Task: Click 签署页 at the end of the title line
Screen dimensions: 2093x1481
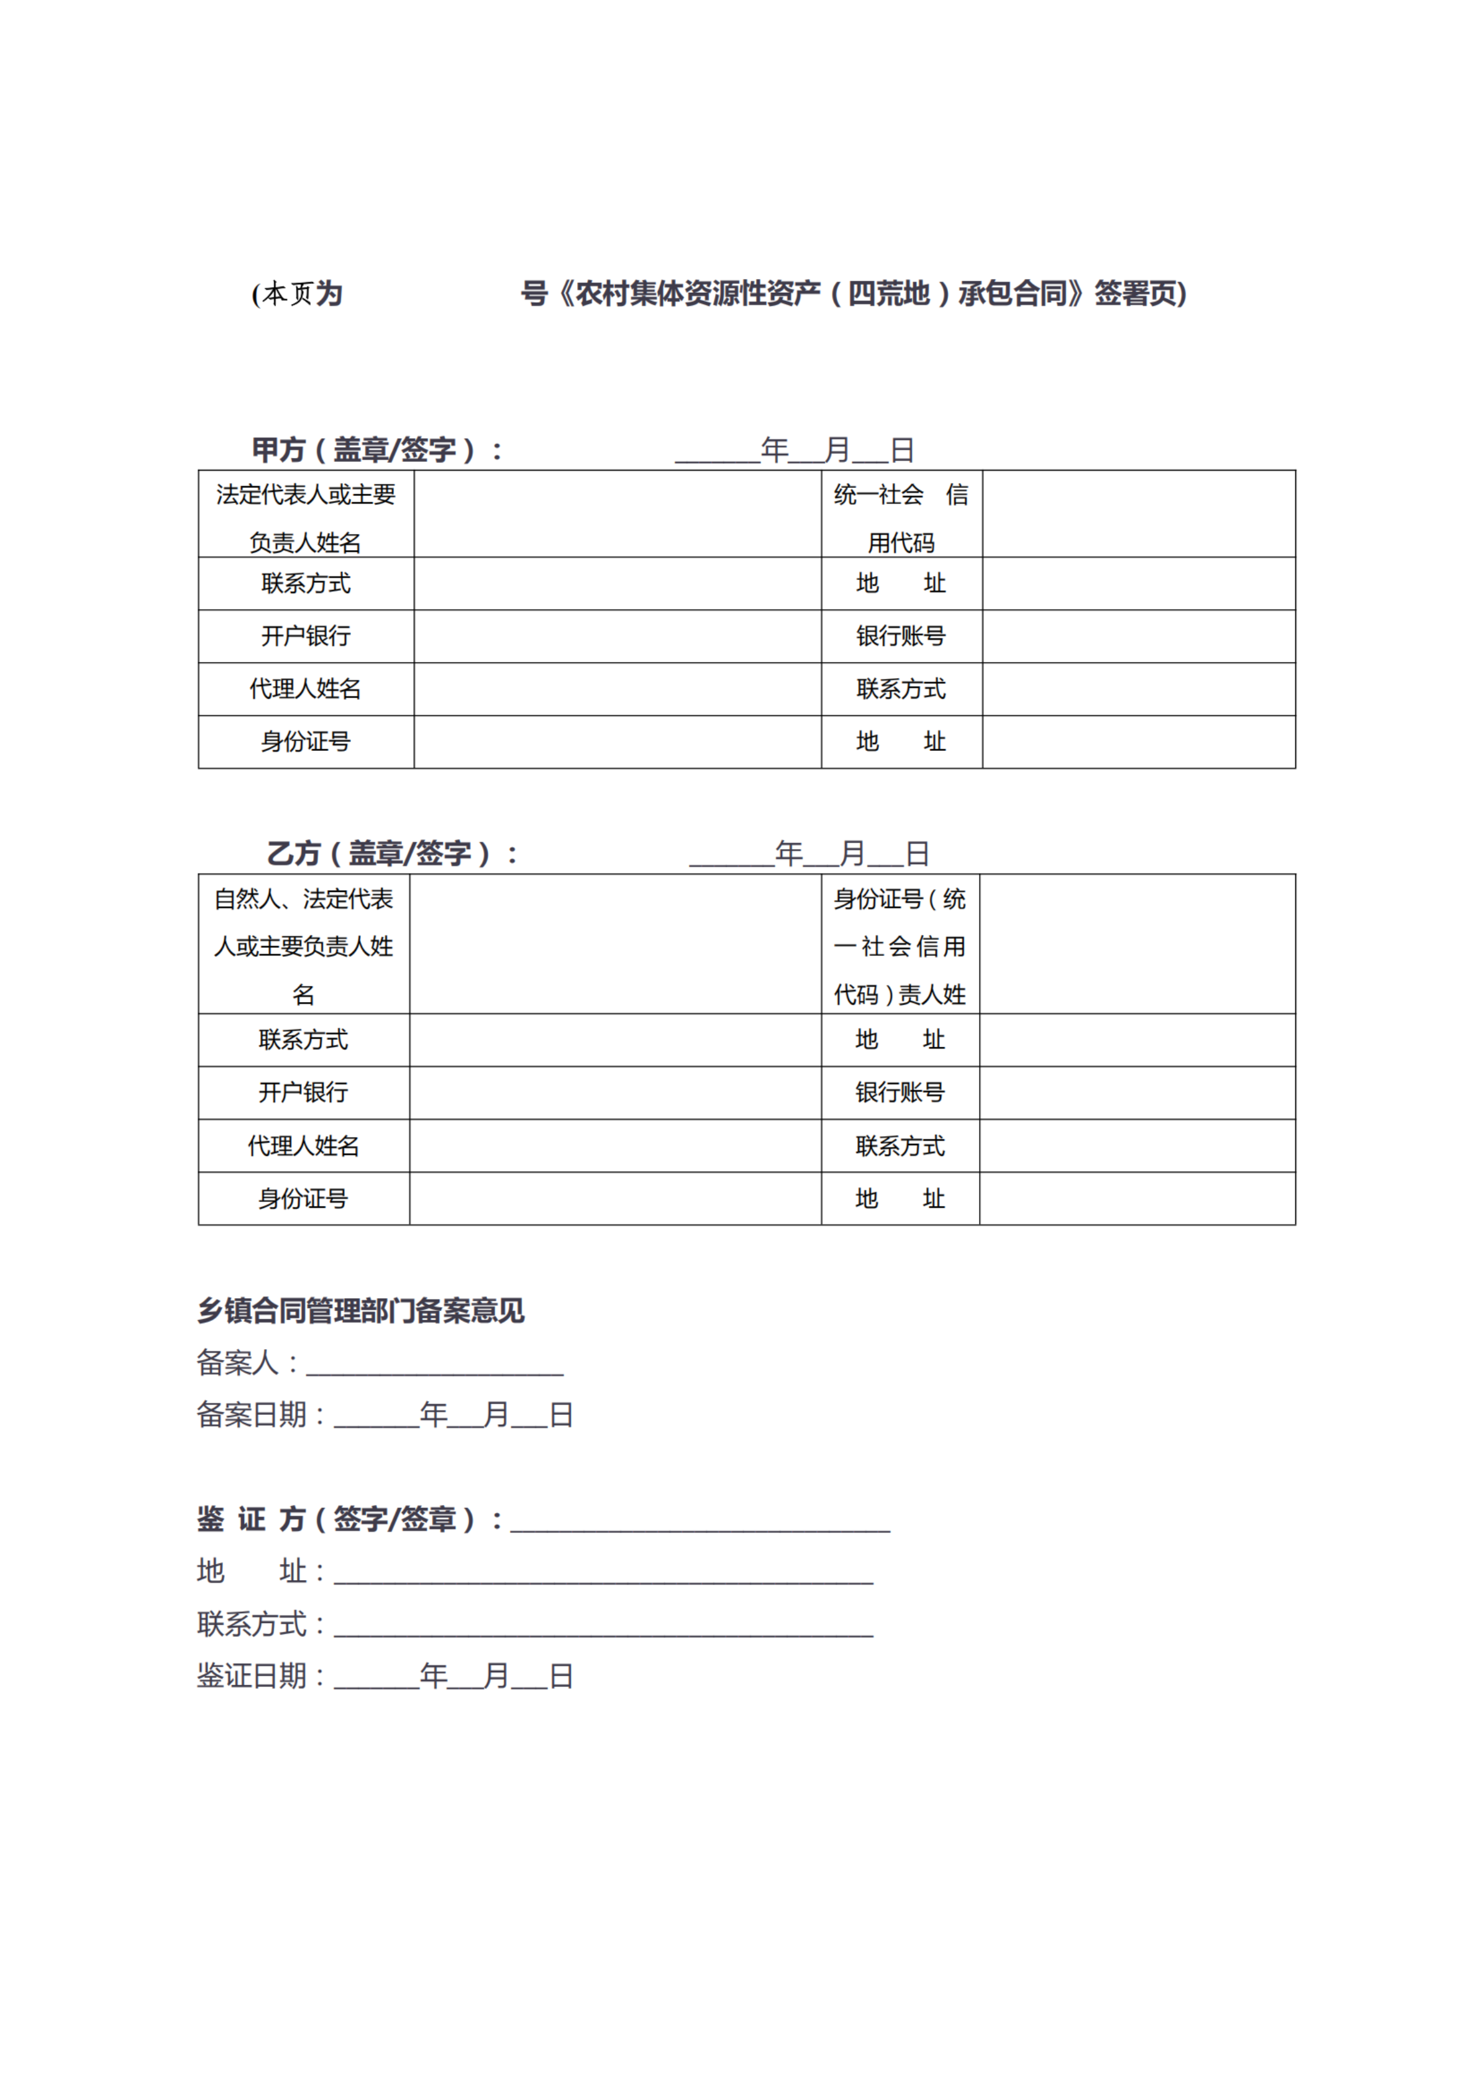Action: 1140,294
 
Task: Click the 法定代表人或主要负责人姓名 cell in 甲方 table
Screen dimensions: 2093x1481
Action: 306,517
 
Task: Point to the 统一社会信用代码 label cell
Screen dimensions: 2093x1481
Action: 901,517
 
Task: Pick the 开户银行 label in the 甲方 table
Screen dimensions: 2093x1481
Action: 306,636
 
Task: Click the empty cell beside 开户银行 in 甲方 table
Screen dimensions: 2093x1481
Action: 617,636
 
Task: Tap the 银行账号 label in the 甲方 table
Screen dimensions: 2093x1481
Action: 901,636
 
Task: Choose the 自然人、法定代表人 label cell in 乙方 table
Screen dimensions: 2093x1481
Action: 304,945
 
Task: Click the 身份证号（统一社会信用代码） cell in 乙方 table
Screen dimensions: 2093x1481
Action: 900,945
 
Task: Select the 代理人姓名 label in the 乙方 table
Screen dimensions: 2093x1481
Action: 304,1146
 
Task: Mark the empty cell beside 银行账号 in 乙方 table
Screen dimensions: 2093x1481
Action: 1137,1093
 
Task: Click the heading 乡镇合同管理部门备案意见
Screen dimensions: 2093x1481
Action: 361,1311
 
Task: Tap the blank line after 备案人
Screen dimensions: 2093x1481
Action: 434,1366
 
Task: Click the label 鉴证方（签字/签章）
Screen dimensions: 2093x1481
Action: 337,1519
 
